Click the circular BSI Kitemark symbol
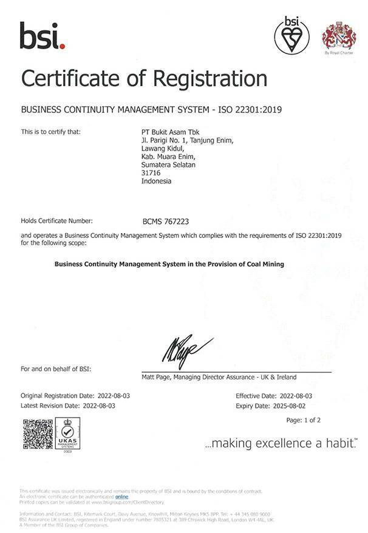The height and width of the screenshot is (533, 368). [291, 35]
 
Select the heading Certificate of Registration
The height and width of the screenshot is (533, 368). [144, 78]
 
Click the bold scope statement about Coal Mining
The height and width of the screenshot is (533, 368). [169, 264]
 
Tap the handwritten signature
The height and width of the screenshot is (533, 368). [186, 348]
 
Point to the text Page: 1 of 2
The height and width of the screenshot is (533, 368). [303, 420]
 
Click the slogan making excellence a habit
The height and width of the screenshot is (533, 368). [281, 444]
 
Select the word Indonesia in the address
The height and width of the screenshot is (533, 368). [156, 181]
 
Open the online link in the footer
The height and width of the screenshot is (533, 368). [122, 497]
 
